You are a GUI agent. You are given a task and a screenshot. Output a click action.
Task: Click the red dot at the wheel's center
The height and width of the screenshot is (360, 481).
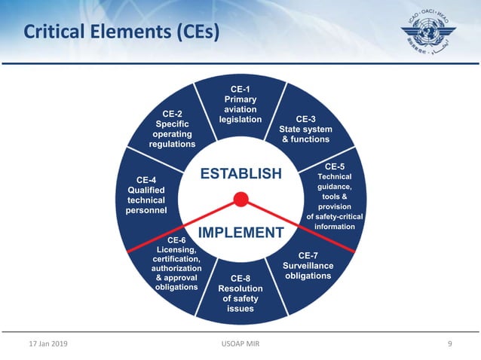point(240,200)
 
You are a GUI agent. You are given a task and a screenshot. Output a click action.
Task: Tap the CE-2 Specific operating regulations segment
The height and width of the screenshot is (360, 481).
point(172,128)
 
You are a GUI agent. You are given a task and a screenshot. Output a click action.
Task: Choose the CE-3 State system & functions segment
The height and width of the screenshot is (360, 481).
point(305,129)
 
